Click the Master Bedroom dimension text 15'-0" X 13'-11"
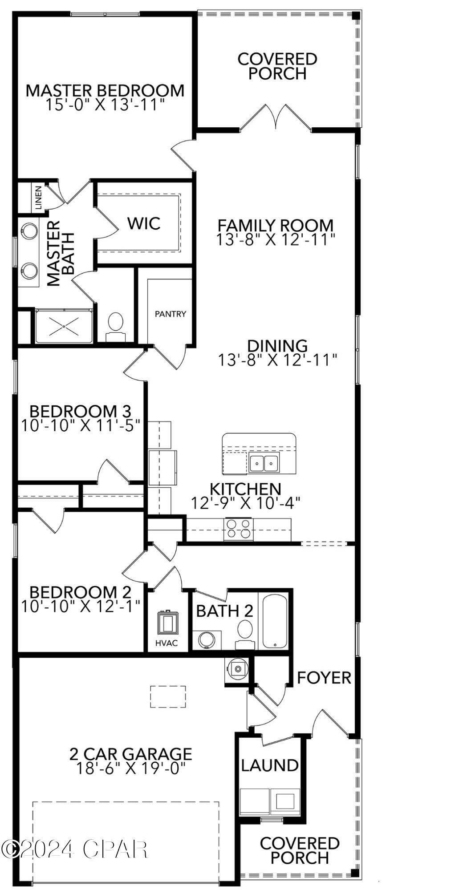[105, 105]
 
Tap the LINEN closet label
[38, 198]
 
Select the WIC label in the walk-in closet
[144, 223]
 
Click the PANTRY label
[170, 314]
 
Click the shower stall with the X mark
[64, 326]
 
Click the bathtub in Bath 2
[274, 621]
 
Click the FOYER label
[324, 678]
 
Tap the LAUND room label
[269, 765]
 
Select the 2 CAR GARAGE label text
[130, 754]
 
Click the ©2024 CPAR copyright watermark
[74, 849]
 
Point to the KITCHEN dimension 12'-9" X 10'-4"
[246, 503]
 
